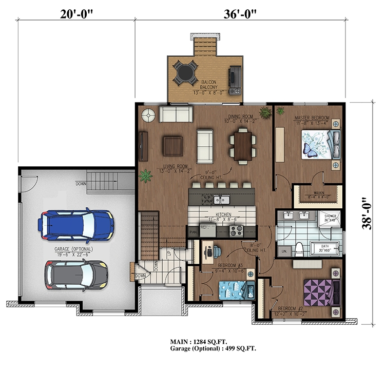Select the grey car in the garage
coord(76,274)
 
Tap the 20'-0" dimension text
coord(76,14)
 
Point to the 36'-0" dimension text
coord(240,14)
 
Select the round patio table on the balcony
coord(184,72)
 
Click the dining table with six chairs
coord(241,144)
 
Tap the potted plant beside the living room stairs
coord(146,176)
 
